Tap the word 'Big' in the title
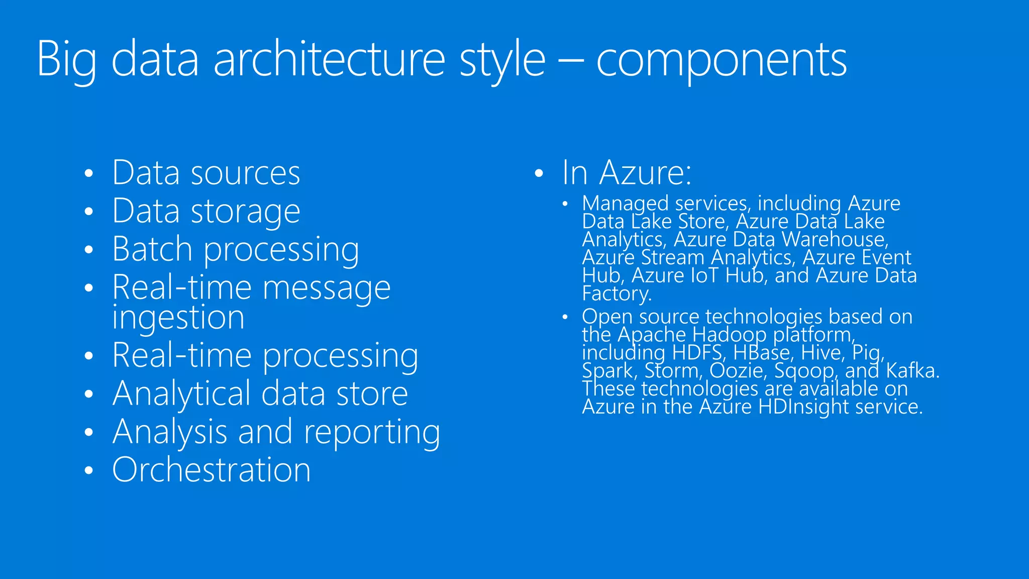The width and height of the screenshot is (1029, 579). [x=66, y=60]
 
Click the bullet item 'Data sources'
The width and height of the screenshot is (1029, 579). [x=206, y=173]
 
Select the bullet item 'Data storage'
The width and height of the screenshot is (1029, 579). [x=206, y=212]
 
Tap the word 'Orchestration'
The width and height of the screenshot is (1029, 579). [x=211, y=470]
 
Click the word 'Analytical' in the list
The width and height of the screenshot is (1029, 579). [x=181, y=394]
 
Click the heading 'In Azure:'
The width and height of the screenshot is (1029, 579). [x=626, y=173]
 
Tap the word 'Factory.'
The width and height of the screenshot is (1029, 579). [x=616, y=294]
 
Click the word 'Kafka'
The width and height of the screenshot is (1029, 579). [x=912, y=371]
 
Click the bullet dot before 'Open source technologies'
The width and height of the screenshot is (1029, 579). [x=565, y=317]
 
